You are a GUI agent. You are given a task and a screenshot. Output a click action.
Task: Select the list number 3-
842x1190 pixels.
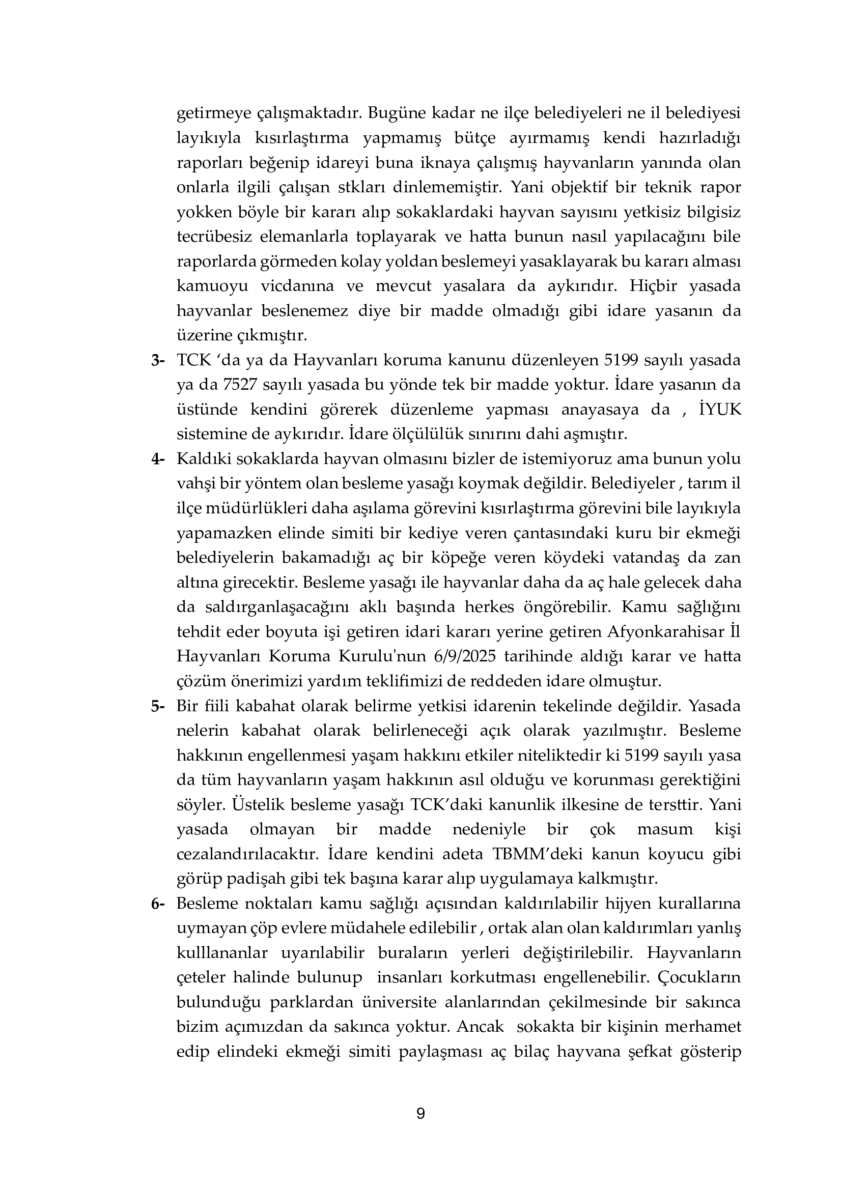click(x=158, y=361)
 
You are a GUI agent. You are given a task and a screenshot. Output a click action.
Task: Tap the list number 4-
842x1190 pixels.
click(x=158, y=459)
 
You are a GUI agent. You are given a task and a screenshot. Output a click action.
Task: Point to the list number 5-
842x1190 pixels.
click(x=158, y=707)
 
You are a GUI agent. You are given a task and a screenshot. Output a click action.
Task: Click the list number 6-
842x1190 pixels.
click(x=158, y=904)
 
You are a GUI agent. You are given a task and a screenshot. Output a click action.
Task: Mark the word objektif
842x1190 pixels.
click(x=578, y=187)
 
